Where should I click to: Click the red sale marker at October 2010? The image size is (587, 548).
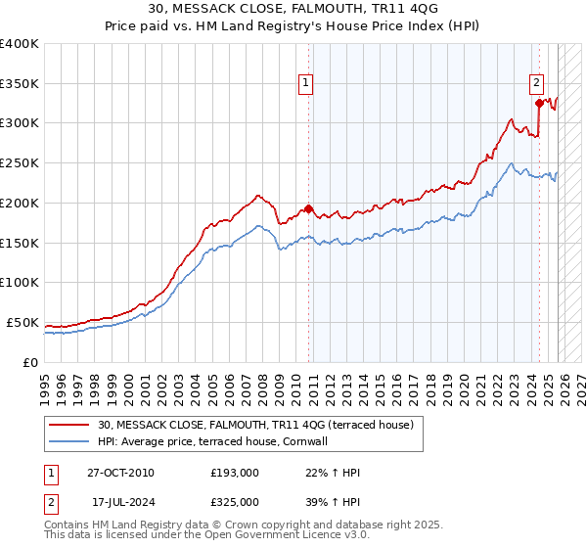pos(308,208)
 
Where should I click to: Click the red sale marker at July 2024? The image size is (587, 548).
pos(539,102)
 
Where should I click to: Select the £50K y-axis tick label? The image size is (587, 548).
pos(23,322)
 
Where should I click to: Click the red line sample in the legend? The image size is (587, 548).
pos(71,425)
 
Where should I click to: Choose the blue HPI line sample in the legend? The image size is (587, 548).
pos(71,441)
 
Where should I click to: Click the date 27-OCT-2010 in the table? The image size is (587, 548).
pos(120,472)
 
